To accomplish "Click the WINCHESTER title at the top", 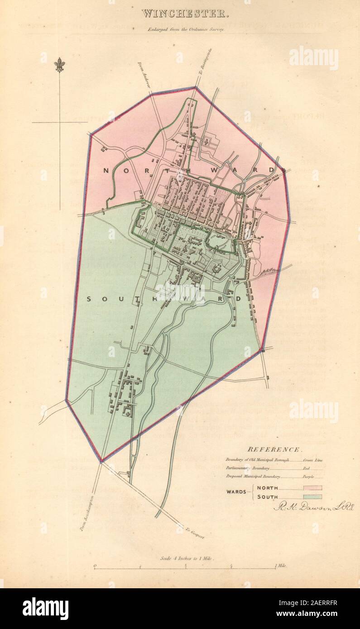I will [x=184, y=14].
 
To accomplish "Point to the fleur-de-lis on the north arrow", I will [x=59, y=65].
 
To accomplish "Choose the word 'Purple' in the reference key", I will [x=309, y=477].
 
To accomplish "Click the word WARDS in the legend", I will [x=237, y=492].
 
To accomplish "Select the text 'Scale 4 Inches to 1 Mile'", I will [x=187, y=558].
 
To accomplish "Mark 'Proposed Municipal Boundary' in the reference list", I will [x=253, y=477].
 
